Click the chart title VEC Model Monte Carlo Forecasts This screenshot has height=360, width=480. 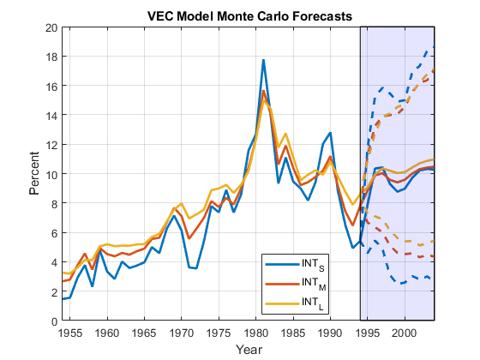pyautogui.click(x=249, y=16)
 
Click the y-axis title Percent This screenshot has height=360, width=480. pyautogui.click(x=35, y=174)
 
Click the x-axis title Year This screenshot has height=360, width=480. pyautogui.click(x=249, y=350)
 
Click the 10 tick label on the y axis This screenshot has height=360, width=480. pyautogui.click(x=51, y=174)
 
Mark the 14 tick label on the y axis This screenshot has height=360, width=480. pyautogui.click(x=51, y=116)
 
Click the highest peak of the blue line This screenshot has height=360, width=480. pyautogui.click(x=263, y=60)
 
